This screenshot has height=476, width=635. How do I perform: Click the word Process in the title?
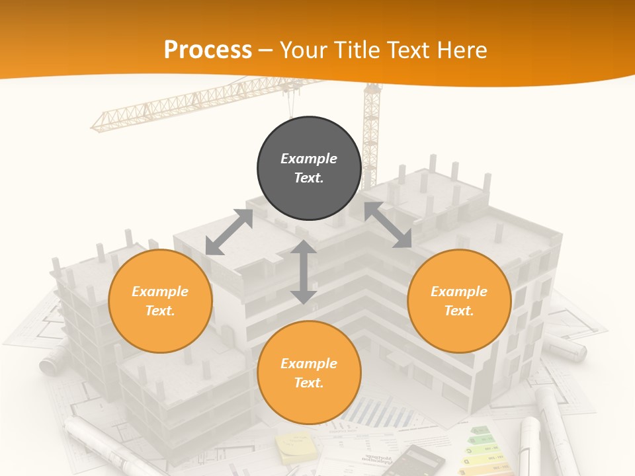(x=208, y=50)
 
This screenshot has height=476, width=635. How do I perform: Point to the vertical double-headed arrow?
(x=303, y=272)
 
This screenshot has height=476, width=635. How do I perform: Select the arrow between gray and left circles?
(x=230, y=232)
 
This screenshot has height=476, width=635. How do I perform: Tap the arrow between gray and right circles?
(x=388, y=225)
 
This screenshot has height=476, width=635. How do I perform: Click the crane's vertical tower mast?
(x=371, y=132)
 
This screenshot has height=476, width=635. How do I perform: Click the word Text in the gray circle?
(x=309, y=178)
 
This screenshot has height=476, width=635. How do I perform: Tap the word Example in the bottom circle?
(x=309, y=364)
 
